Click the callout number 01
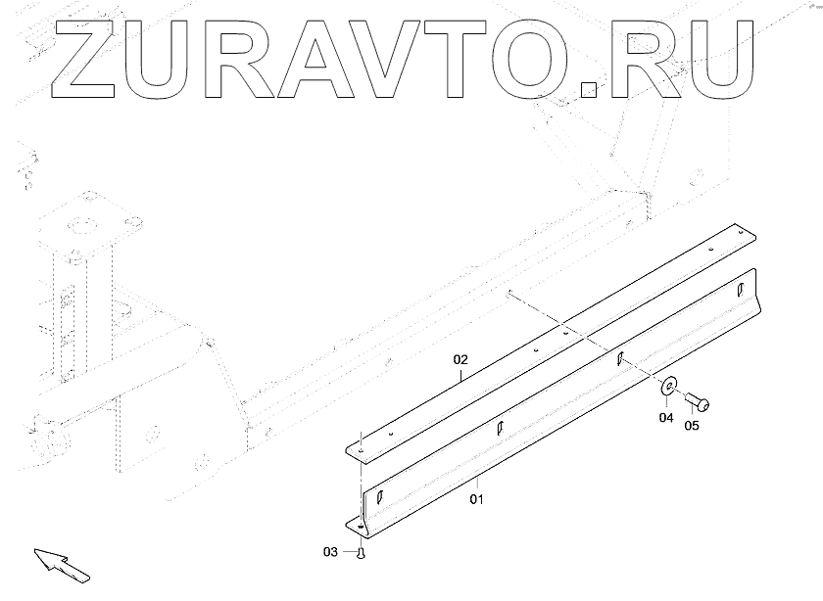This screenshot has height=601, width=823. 477,499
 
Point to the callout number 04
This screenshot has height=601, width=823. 665,418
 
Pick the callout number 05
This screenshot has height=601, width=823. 692,426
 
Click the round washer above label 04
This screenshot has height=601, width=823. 670,388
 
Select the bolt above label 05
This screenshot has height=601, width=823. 699,401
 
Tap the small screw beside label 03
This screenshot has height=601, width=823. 361,554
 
